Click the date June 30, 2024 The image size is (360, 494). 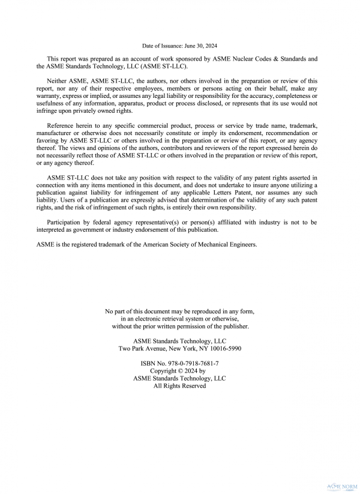click(196, 46)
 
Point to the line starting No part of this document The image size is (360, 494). click(179, 312)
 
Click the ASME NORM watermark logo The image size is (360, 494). click(340, 486)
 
